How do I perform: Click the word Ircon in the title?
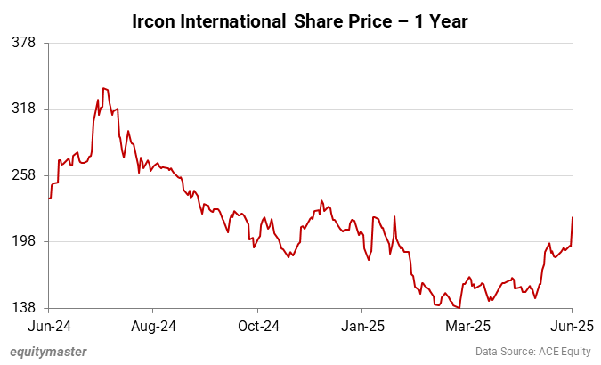tap(154, 20)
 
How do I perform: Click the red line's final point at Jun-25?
tap(573, 216)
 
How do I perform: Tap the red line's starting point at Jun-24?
tap(49, 198)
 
